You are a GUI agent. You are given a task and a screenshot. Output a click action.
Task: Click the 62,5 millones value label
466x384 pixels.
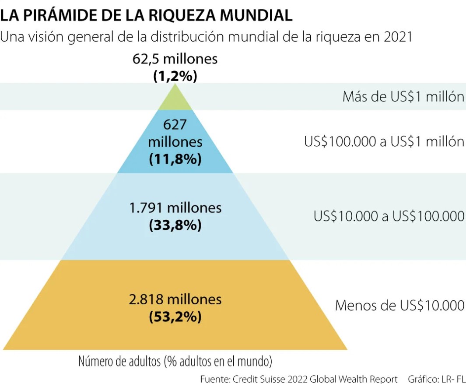175,59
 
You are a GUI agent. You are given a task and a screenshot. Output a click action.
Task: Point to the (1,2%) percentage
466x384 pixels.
175,76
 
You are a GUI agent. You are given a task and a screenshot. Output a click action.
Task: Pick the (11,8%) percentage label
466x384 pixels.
175,159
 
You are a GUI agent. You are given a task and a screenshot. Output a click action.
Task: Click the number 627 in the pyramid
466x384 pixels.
175,125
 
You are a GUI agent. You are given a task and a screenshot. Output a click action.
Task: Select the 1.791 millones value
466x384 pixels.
175,208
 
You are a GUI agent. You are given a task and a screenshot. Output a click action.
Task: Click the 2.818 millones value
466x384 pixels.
175,299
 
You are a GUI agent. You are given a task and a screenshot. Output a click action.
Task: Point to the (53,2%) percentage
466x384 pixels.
175,317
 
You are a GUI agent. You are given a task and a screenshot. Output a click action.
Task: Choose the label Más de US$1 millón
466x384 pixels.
403,97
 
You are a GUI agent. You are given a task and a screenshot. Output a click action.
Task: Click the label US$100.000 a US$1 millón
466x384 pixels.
384,142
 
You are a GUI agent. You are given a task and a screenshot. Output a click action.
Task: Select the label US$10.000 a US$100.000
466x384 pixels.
389,216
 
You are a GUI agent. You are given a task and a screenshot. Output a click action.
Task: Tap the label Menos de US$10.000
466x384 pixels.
399,305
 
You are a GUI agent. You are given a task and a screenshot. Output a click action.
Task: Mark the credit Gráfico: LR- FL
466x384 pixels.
436,378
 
